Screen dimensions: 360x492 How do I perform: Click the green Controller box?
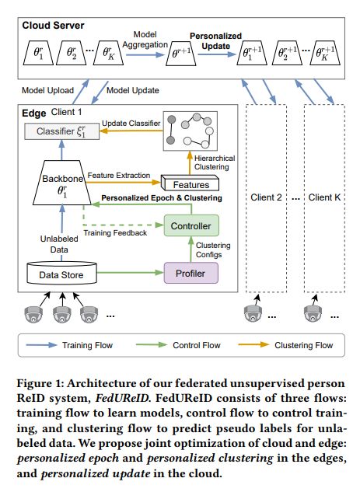tap(191, 225)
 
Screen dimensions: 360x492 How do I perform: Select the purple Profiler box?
tap(190, 273)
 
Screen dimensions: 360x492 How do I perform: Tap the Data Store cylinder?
tap(61, 273)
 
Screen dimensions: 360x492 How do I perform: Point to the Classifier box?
tap(62, 131)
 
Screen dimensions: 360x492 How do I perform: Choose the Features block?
tap(190, 183)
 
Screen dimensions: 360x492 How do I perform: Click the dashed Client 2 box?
tap(266, 198)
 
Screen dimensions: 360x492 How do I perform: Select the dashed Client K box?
tap(324, 198)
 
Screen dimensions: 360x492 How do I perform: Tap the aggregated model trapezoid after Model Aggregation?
tap(181, 54)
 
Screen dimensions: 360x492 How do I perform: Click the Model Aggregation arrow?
tap(145, 54)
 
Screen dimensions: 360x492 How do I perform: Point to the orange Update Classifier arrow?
tap(131, 131)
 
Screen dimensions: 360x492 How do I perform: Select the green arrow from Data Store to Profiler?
tap(131, 272)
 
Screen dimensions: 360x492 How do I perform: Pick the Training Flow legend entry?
tap(69, 345)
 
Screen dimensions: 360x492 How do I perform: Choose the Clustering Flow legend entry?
tap(285, 345)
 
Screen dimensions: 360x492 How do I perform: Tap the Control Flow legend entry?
tap(178, 345)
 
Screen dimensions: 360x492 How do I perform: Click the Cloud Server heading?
tap(53, 26)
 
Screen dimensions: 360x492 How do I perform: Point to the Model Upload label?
tap(47, 90)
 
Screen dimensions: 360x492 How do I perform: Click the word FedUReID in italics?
tap(122, 398)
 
